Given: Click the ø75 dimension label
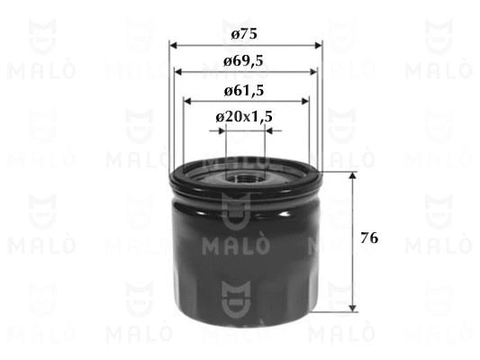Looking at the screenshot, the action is click(x=244, y=33).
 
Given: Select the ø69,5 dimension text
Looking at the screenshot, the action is click(x=243, y=61).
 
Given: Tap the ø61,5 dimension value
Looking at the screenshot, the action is click(x=244, y=91).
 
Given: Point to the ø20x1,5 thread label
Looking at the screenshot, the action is click(x=244, y=116).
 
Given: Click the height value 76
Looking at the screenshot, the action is click(x=369, y=238).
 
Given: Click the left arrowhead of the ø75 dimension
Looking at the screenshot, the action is click(x=173, y=46).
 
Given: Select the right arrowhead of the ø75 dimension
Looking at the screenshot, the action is click(x=319, y=46).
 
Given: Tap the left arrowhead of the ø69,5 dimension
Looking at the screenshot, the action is click(x=178, y=72).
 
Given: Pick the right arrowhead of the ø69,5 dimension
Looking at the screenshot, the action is click(x=313, y=72).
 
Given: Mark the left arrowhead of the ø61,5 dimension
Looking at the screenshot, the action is click(x=187, y=101).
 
